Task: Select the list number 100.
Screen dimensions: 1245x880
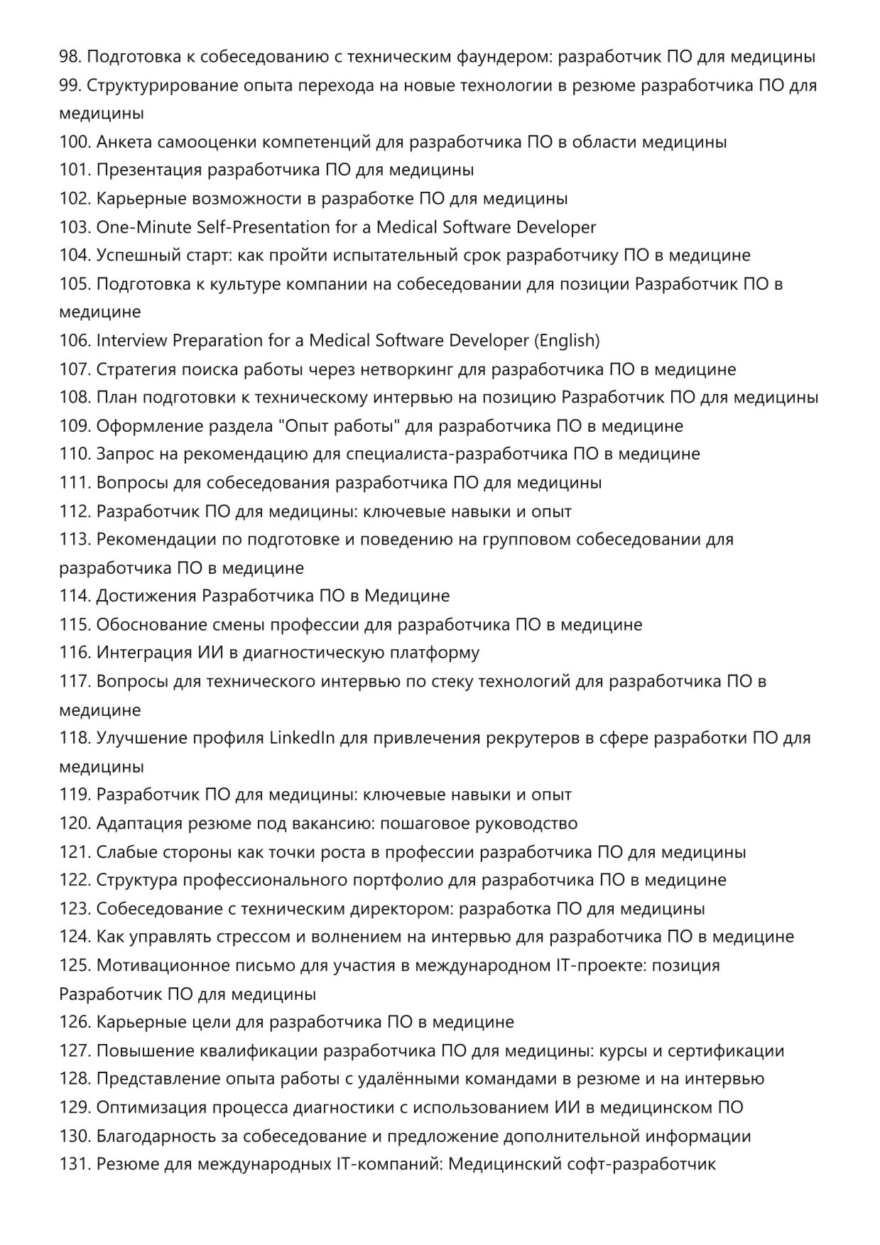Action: tap(75, 142)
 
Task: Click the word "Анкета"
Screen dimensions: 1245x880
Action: tap(124, 142)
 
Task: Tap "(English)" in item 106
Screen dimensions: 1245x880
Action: tap(567, 341)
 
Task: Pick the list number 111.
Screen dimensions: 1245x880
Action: tap(75, 483)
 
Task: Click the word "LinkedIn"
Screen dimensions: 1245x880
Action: tap(302, 738)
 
